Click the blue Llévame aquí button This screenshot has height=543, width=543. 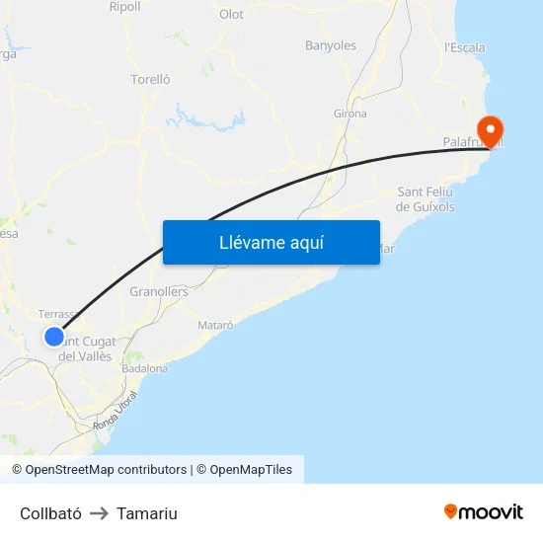tap(271, 242)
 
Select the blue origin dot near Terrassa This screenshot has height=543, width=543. tap(54, 337)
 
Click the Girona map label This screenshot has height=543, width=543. tap(350, 114)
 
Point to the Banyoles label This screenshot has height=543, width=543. tap(331, 45)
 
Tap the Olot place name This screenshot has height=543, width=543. tap(231, 14)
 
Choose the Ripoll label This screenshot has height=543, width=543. tap(125, 6)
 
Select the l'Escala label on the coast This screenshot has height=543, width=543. tap(465, 47)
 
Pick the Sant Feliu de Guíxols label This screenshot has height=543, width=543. tap(426, 198)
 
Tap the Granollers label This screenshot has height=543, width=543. tap(159, 292)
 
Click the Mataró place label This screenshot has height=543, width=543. tap(215, 325)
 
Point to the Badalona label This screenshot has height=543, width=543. tap(144, 368)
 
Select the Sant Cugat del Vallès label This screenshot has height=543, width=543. tap(89, 349)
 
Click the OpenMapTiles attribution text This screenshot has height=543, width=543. tap(250, 470)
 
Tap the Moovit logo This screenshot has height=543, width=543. tap(484, 511)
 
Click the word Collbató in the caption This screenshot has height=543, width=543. tap(50, 513)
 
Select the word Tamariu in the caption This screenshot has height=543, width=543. tap(147, 513)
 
